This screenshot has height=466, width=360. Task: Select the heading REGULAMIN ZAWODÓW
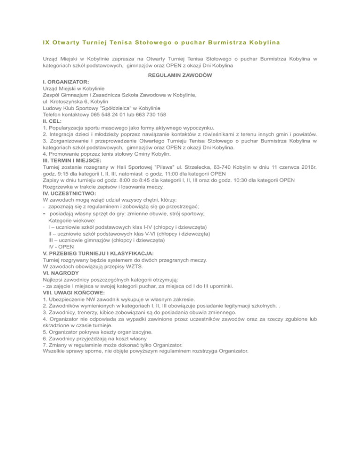pyautogui.click(x=180, y=75)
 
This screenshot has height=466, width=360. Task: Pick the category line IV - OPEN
pyautogui.click(x=61, y=246)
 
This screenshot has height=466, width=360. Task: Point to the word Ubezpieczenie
pyautogui.click(x=71, y=299)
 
